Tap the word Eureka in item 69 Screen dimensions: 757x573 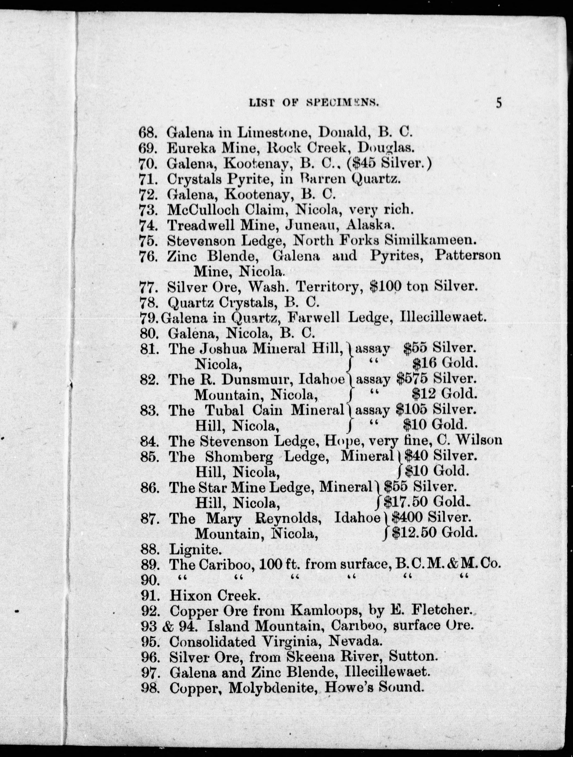[191, 148]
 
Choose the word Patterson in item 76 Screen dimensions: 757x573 [467, 256]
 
